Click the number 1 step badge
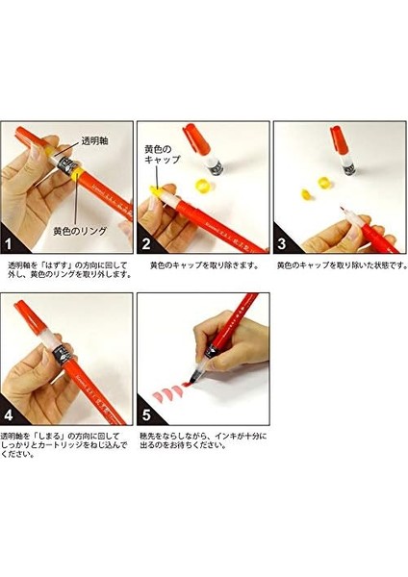8,243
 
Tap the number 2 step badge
146,243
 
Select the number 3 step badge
282,243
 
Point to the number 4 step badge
8,415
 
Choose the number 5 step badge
146,415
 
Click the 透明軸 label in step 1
94,141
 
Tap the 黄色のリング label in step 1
80,231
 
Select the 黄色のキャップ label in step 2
162,154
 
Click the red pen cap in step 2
196,138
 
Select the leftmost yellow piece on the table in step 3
306,193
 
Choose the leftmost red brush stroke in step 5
157,396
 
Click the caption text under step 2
204,265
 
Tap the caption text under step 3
343,265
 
